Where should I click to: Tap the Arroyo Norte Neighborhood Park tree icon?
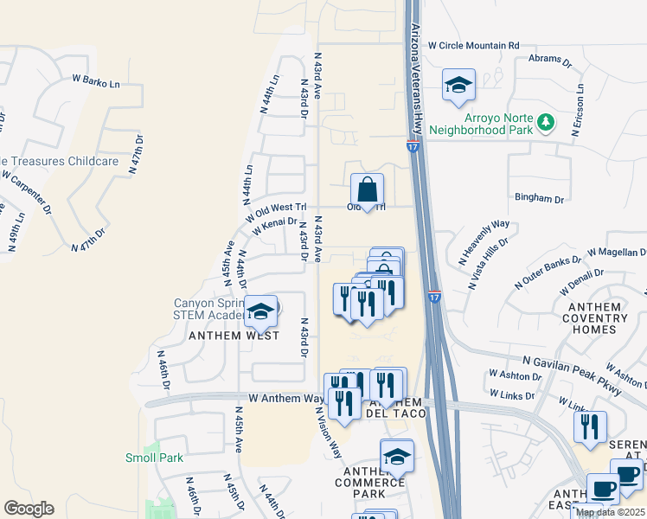click(545, 123)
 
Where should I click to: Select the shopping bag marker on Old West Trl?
click(368, 189)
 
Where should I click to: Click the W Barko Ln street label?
click(95, 82)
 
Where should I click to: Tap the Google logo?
click(29, 509)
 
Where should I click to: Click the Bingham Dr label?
click(539, 198)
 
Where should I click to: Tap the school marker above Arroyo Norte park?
click(458, 85)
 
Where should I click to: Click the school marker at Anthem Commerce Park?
click(397, 456)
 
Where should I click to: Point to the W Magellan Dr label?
click(616, 252)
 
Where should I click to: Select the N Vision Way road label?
click(329, 432)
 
